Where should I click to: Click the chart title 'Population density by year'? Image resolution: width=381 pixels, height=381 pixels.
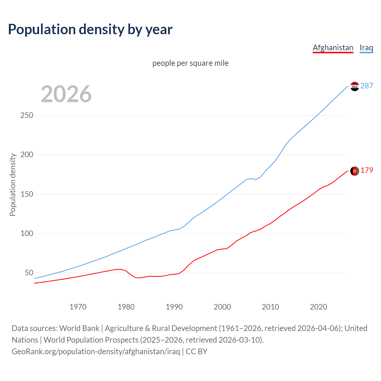click(90, 29)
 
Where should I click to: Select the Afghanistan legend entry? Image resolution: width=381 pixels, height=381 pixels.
click(333, 48)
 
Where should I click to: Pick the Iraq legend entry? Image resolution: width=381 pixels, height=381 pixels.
click(366, 48)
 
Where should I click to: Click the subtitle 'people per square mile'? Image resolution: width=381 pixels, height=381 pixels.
click(190, 63)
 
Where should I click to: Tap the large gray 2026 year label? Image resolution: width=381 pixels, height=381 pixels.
click(66, 94)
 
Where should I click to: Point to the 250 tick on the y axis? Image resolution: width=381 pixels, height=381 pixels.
click(27, 115)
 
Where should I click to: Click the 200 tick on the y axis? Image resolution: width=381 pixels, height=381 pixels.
click(27, 155)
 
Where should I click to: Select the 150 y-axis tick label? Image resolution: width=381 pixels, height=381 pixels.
click(27, 194)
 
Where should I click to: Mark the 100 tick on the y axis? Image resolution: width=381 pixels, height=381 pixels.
click(27, 233)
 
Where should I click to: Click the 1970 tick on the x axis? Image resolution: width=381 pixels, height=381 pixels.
click(78, 307)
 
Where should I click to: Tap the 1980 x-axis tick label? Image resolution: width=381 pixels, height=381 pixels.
click(126, 307)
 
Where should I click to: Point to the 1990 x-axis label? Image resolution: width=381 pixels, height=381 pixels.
click(174, 307)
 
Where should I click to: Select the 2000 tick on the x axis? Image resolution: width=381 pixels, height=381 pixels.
click(222, 307)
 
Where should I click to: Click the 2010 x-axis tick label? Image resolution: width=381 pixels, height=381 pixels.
click(270, 307)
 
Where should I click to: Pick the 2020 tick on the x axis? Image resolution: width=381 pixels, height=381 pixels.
click(318, 307)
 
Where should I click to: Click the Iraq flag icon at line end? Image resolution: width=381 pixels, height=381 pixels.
click(355, 86)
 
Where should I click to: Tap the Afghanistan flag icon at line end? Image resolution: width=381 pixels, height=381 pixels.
click(355, 171)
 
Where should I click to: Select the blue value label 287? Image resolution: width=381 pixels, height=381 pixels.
click(367, 86)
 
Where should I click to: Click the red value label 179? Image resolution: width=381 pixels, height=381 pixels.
click(367, 170)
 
